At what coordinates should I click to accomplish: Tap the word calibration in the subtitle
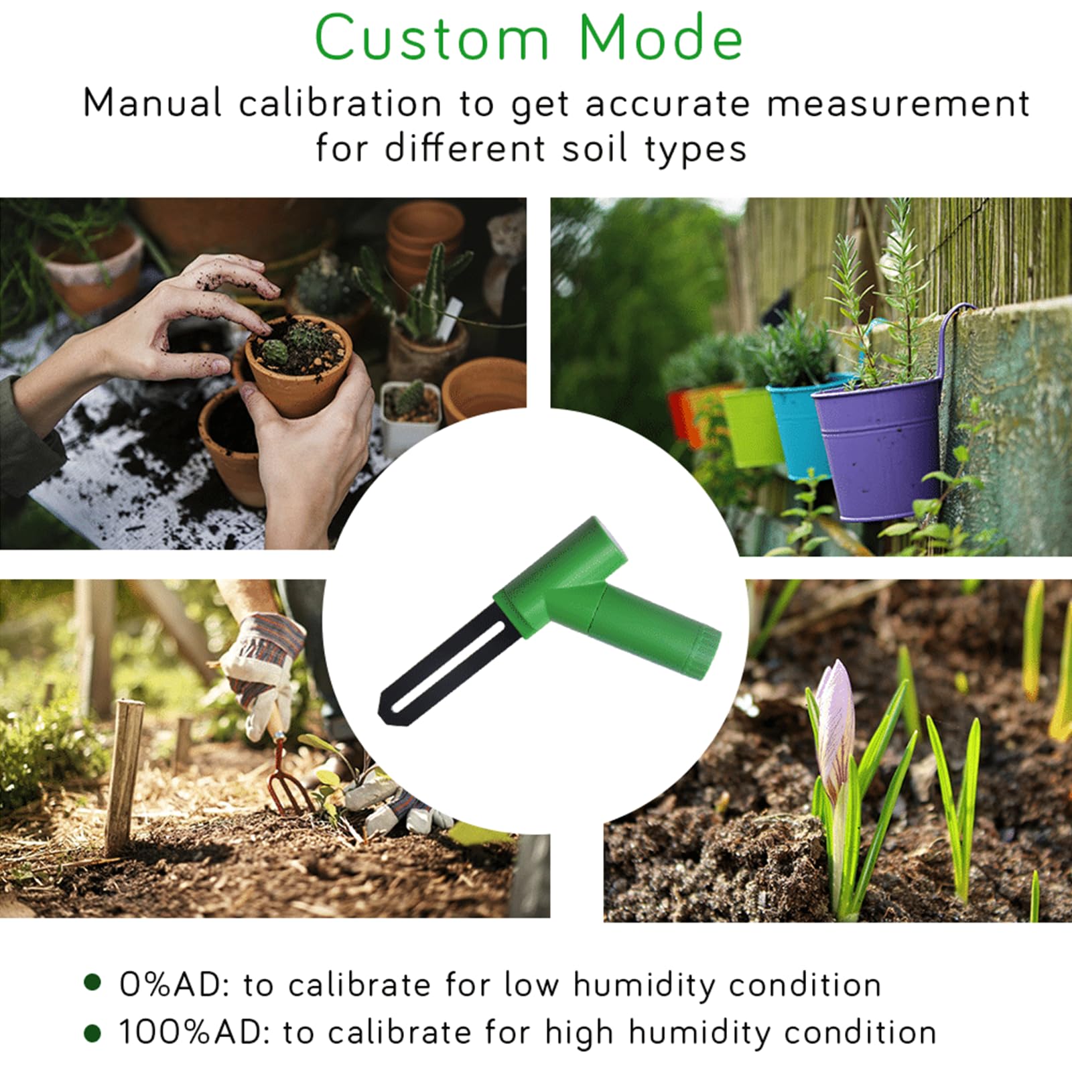click(x=340, y=104)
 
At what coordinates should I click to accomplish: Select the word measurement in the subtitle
click(x=898, y=105)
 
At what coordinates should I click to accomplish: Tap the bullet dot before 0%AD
click(x=92, y=984)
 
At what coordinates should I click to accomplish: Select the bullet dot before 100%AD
click(x=92, y=1033)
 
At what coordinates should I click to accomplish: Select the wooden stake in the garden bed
click(x=125, y=777)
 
